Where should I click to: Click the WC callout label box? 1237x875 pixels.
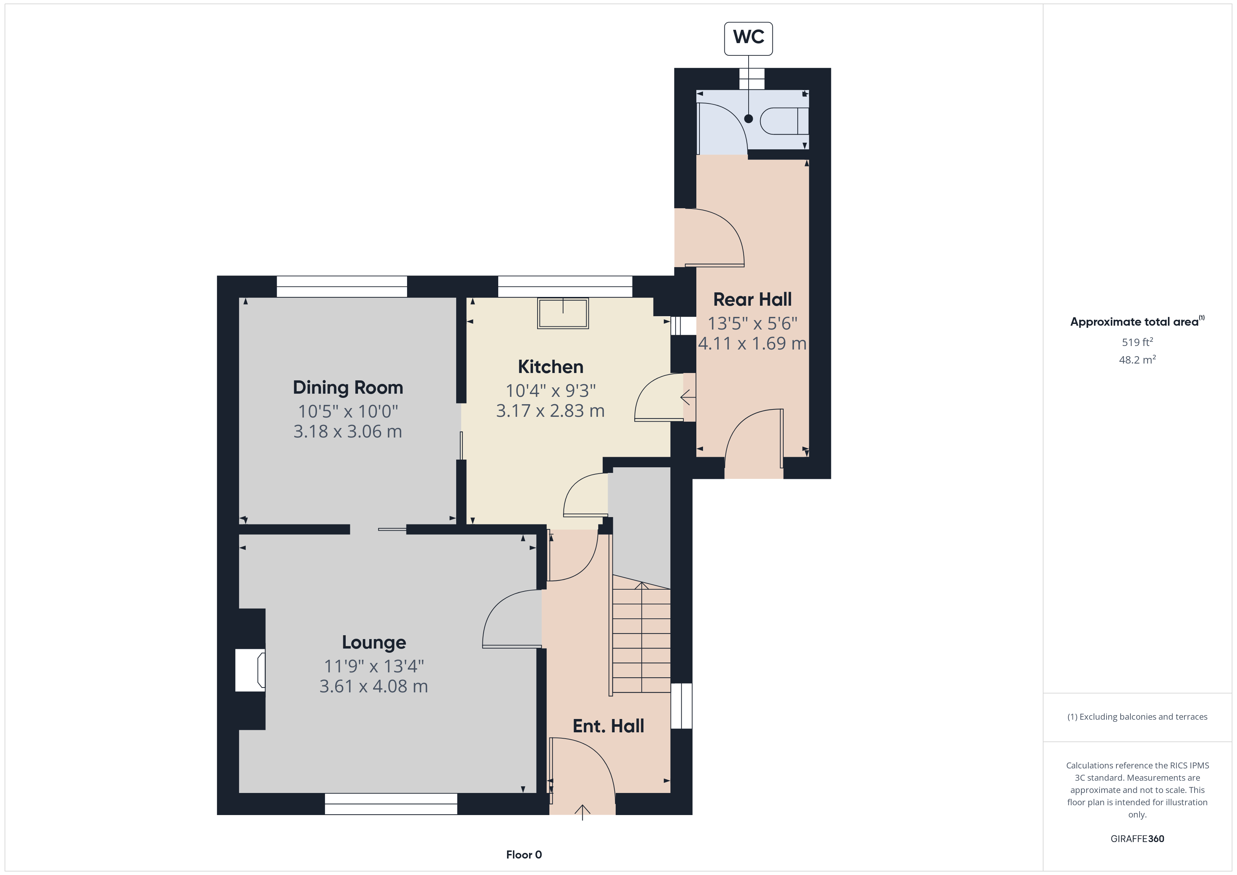tap(748, 38)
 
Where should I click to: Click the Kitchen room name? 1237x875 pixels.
tap(550, 367)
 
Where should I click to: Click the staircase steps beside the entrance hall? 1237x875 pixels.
tap(641, 641)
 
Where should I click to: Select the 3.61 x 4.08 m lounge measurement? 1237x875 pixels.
tap(373, 686)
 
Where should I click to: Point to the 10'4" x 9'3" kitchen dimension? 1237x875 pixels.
tap(550, 391)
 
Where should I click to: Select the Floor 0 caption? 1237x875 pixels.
tap(524, 855)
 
